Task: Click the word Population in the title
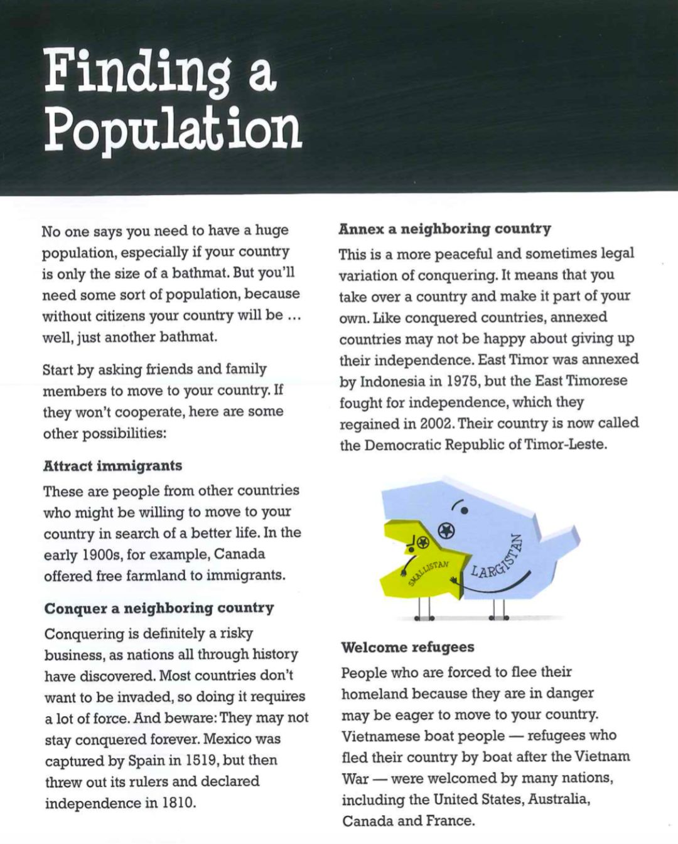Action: tap(173, 129)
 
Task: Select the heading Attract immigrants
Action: tap(112, 466)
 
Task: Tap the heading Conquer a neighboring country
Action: tap(159, 608)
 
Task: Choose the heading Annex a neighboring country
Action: tap(444, 229)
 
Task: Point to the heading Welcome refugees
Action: tap(407, 647)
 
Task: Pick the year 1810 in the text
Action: tap(176, 803)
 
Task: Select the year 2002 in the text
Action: tap(436, 424)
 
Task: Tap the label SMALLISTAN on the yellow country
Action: tap(429, 572)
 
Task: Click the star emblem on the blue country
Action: tap(446, 531)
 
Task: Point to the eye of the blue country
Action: tap(464, 510)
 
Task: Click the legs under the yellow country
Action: tap(424, 608)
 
